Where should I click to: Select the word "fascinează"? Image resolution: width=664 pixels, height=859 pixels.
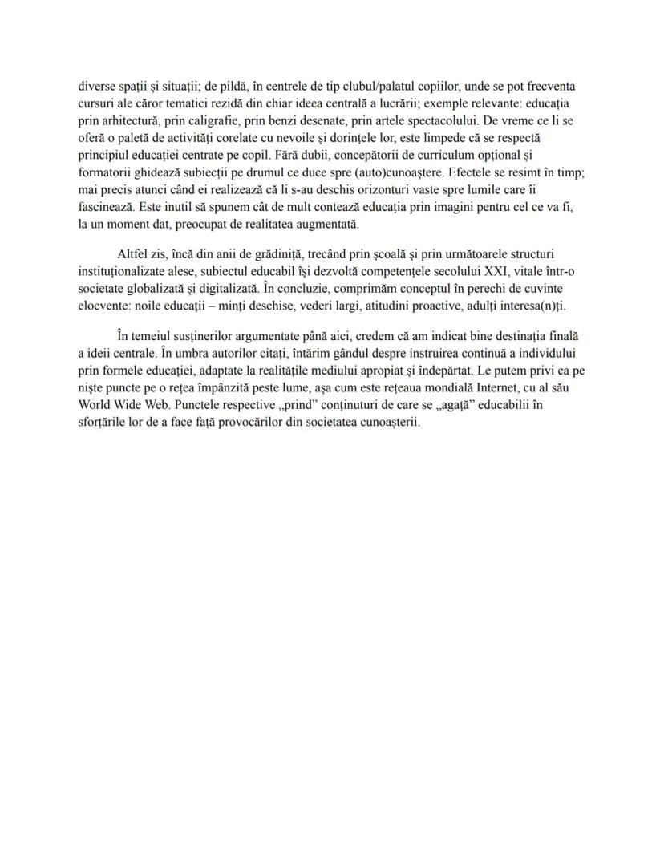pos(107,206)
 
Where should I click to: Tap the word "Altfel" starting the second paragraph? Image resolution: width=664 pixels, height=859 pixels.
pos(135,254)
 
